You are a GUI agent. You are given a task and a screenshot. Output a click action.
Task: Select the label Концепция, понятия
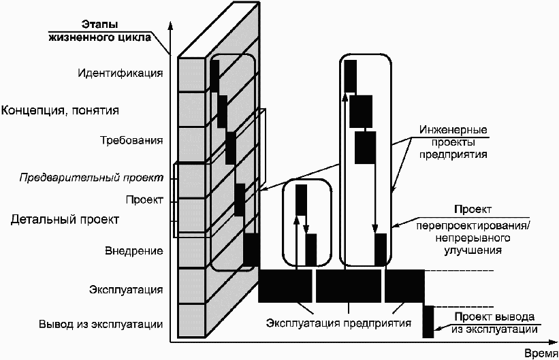pos(65,110)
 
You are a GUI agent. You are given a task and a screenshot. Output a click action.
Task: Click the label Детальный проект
pos(65,220)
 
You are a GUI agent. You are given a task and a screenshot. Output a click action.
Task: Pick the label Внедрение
pos(135,251)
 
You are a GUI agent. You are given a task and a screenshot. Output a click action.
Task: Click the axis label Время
pos(541,353)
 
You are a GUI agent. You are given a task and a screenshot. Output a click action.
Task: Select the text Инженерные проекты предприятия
pos(453,142)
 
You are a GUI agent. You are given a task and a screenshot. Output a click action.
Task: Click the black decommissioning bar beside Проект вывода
pos(428,321)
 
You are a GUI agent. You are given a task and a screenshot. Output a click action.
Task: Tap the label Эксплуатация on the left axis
pos(126,290)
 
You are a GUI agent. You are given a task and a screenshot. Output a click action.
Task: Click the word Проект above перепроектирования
pos(473,210)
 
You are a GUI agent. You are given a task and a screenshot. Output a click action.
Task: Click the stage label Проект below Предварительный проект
pos(144,200)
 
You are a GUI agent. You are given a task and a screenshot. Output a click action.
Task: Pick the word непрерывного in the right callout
pos(474,238)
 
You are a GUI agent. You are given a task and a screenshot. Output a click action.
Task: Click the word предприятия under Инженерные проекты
pos(453,154)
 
